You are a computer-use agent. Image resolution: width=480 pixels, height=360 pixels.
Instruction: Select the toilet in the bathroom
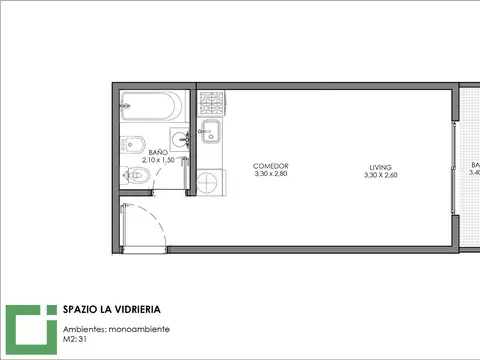pos(139,177)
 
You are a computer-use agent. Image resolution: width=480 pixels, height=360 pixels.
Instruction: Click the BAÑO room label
pos(157,152)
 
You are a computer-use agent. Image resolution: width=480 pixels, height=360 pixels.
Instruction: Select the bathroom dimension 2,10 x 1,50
pos(158,160)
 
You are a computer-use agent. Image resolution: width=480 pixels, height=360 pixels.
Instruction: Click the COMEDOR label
pos(271,166)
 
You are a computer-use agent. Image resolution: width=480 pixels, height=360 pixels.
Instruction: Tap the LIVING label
pos(380,167)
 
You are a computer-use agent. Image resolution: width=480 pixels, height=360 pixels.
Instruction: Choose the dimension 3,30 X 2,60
pos(380,176)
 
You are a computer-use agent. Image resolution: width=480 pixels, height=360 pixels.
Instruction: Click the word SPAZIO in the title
pos(80,310)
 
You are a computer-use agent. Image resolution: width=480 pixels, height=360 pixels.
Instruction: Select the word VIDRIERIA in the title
pos(136,310)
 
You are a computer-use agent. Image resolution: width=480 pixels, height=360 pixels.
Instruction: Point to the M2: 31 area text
pos(74,340)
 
